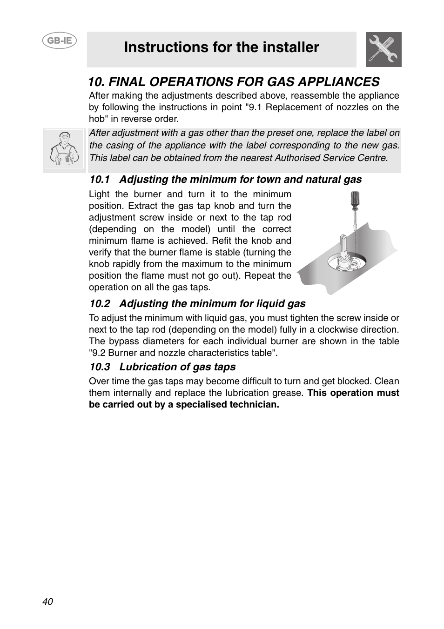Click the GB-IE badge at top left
point(60,40)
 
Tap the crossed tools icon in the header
point(383,50)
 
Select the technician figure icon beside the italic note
point(64,149)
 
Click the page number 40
point(47,602)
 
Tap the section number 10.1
point(99,180)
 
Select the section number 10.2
point(99,304)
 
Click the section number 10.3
point(99,367)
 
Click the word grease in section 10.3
point(289,393)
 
